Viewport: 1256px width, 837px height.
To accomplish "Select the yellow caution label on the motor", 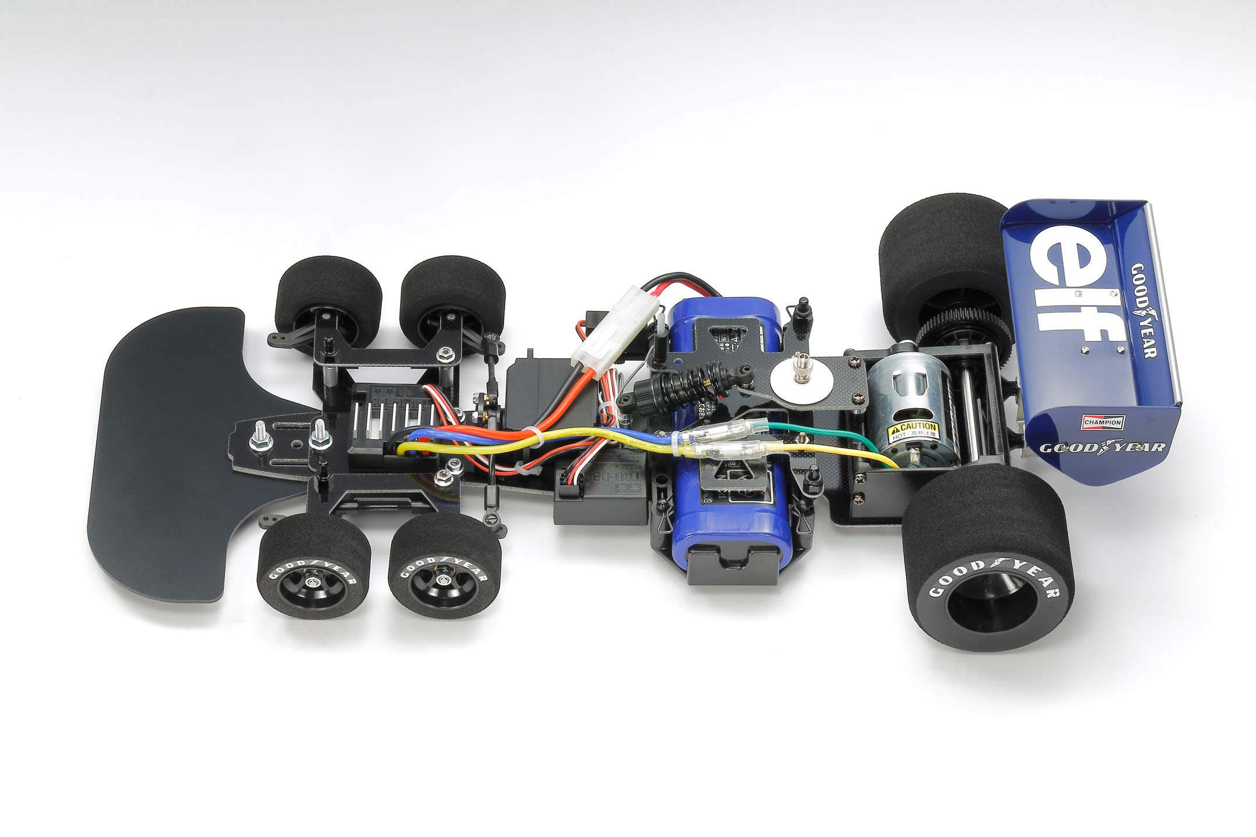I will click(913, 431).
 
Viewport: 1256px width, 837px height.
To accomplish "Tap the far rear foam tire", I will click(936, 267).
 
